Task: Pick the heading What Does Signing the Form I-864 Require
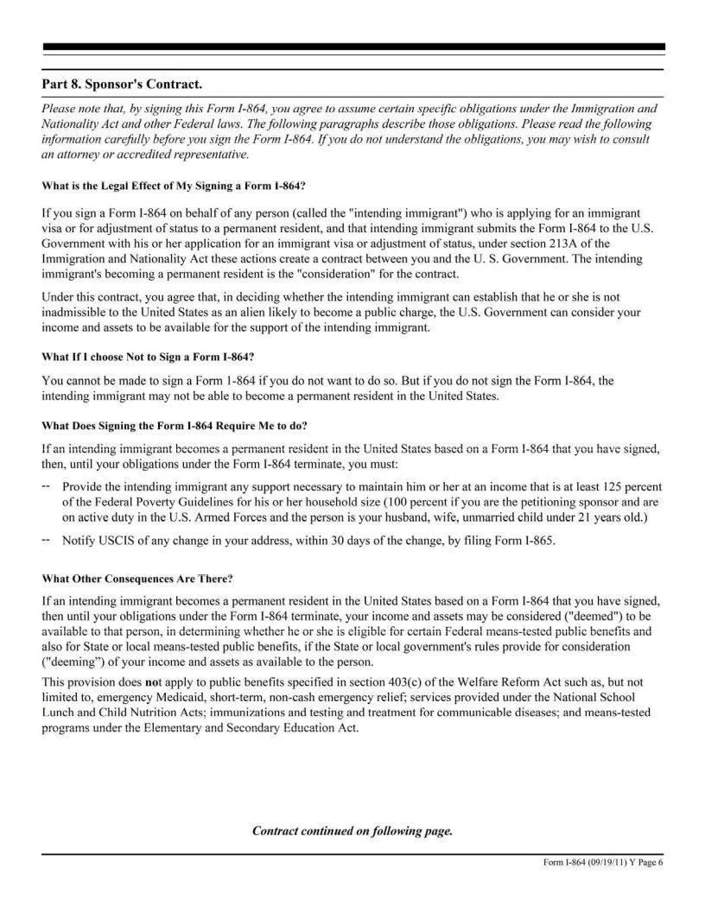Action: pyautogui.click(x=175, y=426)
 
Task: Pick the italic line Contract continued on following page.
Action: pyautogui.click(x=352, y=831)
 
